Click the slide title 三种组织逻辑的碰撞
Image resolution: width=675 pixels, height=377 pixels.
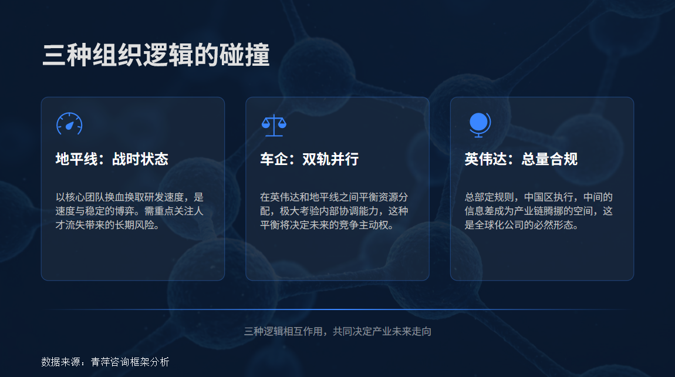tap(156, 55)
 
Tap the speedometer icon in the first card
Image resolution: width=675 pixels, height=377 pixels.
tap(69, 124)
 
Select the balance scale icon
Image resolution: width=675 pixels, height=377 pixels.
tap(274, 124)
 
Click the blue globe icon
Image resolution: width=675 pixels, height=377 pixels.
tap(479, 124)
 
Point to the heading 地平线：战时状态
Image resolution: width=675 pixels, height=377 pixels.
tap(112, 159)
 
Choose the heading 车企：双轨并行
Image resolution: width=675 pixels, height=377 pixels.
tap(309, 159)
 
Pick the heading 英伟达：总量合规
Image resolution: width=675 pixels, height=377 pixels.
tap(521, 159)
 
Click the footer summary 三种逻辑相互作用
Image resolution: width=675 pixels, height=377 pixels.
tap(338, 332)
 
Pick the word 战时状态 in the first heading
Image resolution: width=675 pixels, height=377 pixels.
tap(140, 159)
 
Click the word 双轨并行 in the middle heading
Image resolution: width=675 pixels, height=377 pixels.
tap(330, 159)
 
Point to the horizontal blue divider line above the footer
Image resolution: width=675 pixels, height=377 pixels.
tap(338, 309)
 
